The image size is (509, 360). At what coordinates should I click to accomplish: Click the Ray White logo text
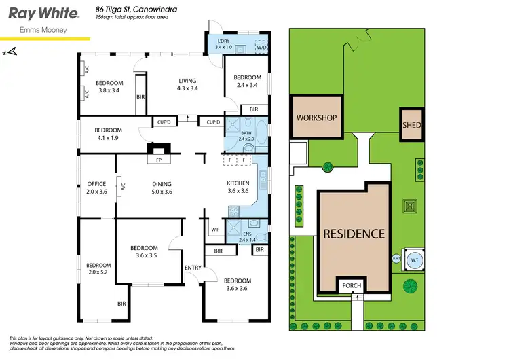[41, 13]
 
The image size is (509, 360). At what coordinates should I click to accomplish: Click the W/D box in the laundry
[261, 48]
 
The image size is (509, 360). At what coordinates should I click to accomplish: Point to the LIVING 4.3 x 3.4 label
[187, 84]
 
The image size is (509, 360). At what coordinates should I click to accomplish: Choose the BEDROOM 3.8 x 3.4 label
[107, 87]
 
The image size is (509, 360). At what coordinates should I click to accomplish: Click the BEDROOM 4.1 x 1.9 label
[107, 134]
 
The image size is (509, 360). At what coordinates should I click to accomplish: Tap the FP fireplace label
[159, 160]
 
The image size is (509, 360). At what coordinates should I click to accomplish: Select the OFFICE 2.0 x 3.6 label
[96, 187]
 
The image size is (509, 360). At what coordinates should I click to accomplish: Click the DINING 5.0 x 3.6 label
[162, 187]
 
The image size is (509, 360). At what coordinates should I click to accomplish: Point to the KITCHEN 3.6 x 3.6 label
[238, 187]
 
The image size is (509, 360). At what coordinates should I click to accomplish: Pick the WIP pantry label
[214, 230]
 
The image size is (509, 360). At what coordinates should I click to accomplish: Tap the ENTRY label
[193, 268]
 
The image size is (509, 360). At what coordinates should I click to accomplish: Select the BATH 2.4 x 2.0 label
[246, 134]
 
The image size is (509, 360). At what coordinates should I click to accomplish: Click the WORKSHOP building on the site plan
[316, 118]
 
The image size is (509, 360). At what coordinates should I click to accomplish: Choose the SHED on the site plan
[412, 125]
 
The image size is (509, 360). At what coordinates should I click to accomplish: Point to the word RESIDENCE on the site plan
[354, 234]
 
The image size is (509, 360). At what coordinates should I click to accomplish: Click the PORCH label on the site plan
[352, 286]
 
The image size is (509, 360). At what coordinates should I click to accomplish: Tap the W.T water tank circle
[413, 259]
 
